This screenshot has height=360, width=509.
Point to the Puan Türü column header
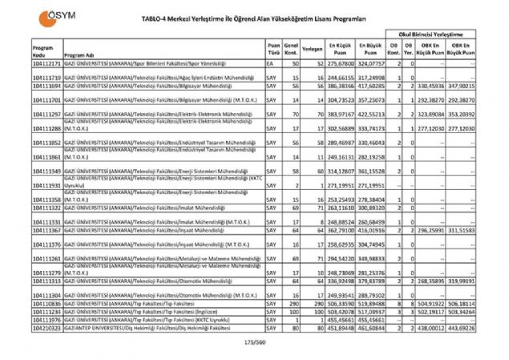274,51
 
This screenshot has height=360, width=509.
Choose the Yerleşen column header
313,51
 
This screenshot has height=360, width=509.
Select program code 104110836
47,305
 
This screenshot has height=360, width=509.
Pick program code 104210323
47,327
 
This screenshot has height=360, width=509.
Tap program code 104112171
47,62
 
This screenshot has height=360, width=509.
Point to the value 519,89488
371,305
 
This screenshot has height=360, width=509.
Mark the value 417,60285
371,84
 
